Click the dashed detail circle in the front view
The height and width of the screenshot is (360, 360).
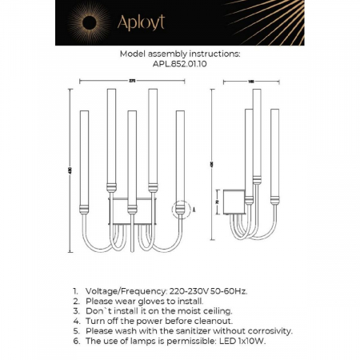pos(182,210)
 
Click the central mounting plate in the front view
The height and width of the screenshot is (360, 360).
pos(132,210)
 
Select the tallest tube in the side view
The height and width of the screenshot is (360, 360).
pos(257,136)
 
